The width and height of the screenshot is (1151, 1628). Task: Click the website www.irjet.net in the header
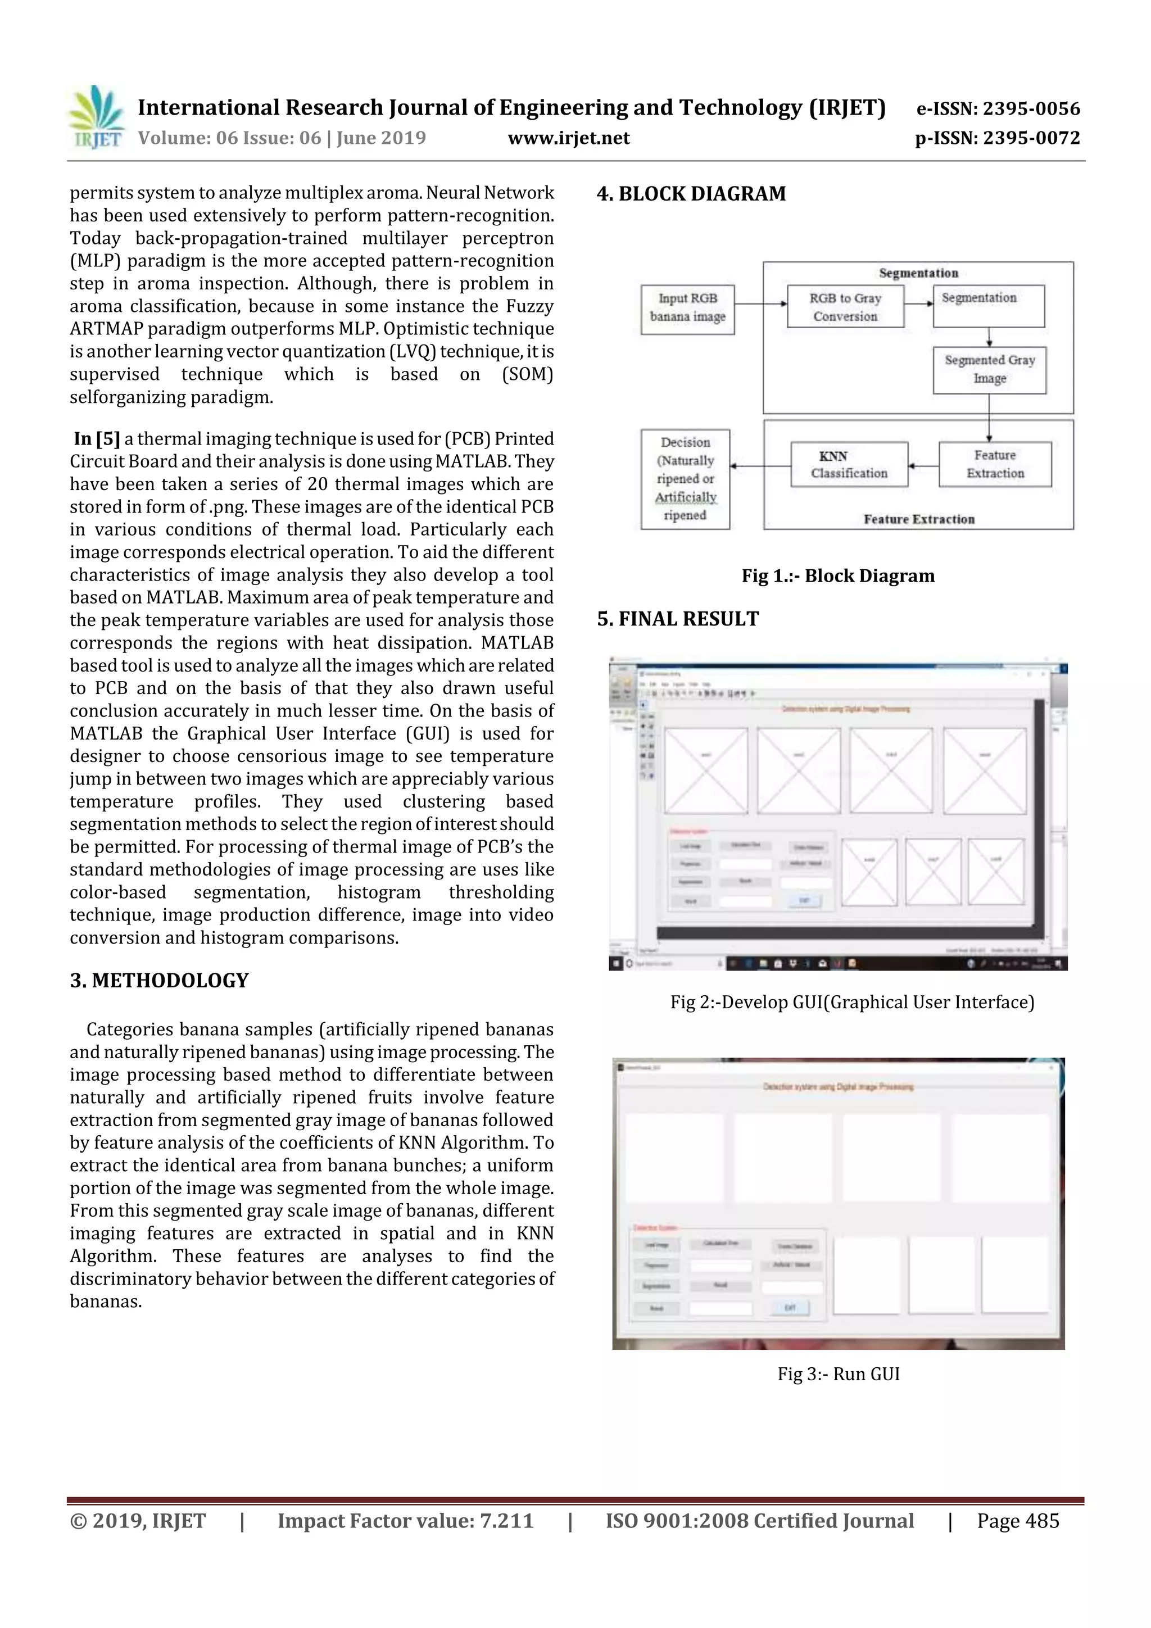[x=569, y=138]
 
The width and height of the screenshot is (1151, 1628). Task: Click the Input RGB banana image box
[x=687, y=309]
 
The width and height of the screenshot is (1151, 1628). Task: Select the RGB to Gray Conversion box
[x=845, y=306]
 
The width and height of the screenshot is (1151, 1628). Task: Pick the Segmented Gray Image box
[x=989, y=369]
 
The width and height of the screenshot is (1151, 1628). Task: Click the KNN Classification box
[x=849, y=464]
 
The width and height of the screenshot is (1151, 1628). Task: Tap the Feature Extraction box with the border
[x=995, y=464]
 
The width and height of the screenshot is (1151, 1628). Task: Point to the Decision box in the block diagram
[x=685, y=479]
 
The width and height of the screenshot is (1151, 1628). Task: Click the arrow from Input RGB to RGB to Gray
[x=760, y=303]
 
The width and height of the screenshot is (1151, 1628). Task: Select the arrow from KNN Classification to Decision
[x=760, y=466]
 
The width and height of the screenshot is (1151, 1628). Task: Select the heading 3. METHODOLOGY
[x=159, y=981]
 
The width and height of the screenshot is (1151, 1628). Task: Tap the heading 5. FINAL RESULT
[x=677, y=619]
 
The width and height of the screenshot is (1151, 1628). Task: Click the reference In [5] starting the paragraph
[x=97, y=439]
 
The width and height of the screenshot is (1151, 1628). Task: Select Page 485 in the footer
[x=1018, y=1521]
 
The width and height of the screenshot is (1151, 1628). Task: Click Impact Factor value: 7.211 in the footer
[x=405, y=1521]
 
